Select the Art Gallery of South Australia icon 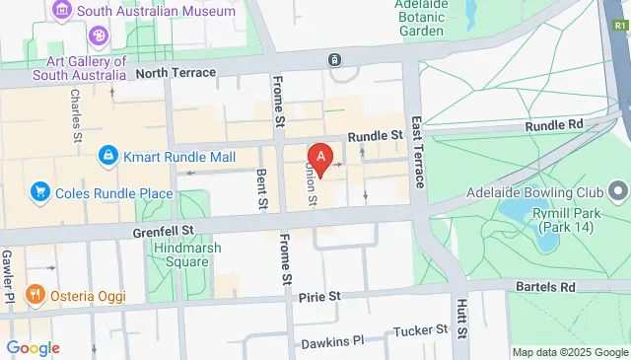[100, 37]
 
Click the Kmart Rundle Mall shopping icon [107, 155]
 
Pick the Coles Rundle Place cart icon [40, 190]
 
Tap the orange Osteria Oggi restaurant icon [34, 294]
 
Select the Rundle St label [383, 135]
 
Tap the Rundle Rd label [555, 124]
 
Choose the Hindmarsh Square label [186, 254]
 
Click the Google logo [33, 348]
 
